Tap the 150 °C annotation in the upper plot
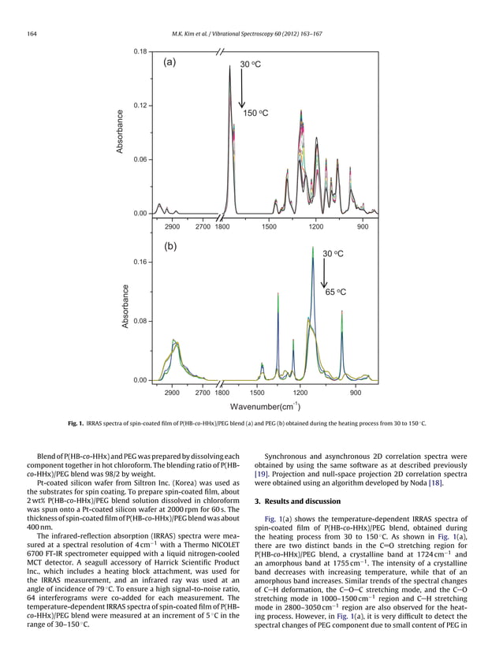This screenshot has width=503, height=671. [x=255, y=114]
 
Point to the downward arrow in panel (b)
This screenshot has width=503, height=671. [x=323, y=274]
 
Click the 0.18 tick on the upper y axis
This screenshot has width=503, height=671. [x=140, y=51]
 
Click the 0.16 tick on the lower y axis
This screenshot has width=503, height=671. [x=140, y=262]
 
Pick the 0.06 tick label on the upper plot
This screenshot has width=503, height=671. [x=140, y=159]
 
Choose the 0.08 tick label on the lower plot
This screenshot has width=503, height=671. [x=140, y=322]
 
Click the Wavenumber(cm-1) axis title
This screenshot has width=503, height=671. [x=264, y=406]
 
